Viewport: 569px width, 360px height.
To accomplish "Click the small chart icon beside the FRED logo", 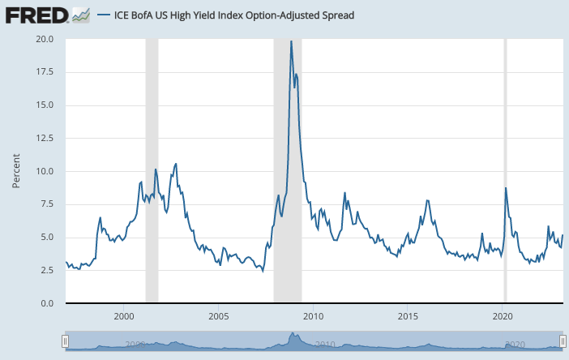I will [x=80, y=15].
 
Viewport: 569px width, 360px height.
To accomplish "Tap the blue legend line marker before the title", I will [x=104, y=15].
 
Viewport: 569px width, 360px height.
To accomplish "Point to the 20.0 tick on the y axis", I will [x=45, y=39].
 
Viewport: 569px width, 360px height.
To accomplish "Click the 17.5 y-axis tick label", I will [x=45, y=72].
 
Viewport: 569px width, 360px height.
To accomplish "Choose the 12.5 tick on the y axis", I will [x=45, y=138].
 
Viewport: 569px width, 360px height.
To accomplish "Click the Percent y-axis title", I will [x=16, y=170].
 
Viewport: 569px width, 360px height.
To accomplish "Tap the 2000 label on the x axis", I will [x=123, y=315].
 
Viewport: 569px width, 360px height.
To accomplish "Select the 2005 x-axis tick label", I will [x=218, y=315].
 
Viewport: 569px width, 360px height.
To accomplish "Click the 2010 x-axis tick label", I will [x=314, y=315].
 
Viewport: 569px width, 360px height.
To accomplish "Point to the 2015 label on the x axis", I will [x=409, y=315].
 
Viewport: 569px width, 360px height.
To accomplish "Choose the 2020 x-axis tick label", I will [x=503, y=315].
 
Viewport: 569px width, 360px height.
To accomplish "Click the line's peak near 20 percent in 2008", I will [x=291, y=41].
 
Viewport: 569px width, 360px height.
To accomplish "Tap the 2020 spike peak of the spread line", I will [x=506, y=188].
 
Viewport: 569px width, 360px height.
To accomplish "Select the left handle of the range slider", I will [x=65, y=343].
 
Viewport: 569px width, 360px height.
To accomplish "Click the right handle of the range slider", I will [x=562, y=343].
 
